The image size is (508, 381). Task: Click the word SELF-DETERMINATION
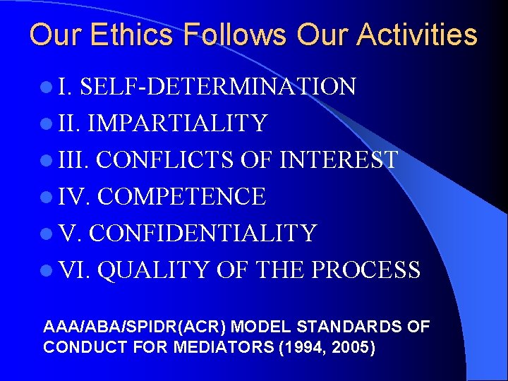click(x=218, y=87)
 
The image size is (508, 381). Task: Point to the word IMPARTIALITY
click(x=176, y=123)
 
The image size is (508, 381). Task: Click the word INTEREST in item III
click(x=339, y=159)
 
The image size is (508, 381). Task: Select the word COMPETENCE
click(x=181, y=196)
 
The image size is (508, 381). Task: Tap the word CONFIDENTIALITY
click(x=203, y=233)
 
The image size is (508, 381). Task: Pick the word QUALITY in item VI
click(x=153, y=270)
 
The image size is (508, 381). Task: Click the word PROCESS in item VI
click(x=367, y=270)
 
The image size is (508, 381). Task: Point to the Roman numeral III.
click(x=73, y=159)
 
